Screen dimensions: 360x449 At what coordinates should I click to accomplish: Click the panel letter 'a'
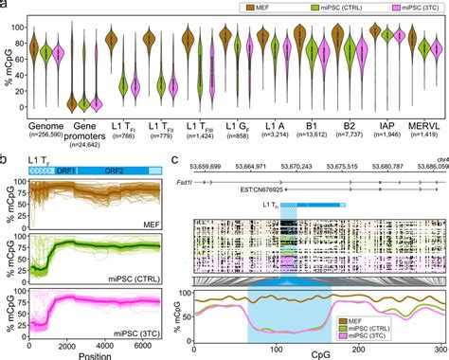(5, 6)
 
